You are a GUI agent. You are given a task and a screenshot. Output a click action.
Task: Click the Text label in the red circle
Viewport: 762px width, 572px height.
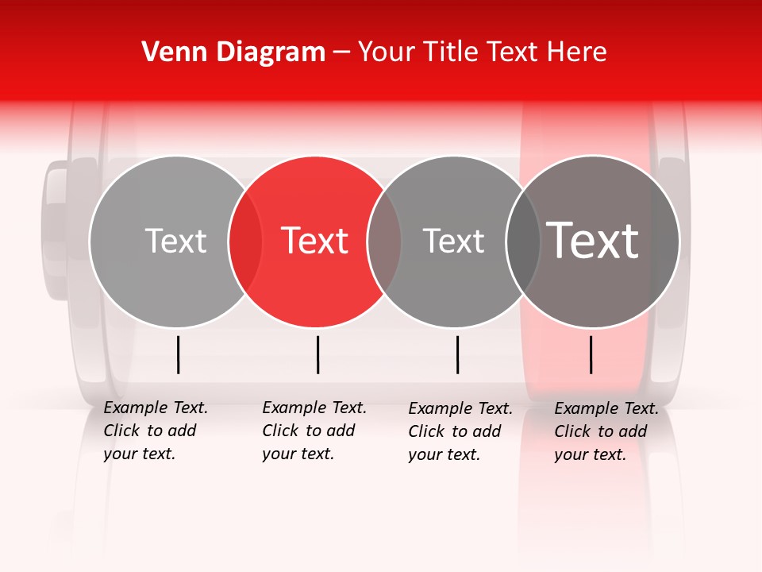[x=315, y=241]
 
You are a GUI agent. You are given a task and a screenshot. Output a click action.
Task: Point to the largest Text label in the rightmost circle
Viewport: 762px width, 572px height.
[x=593, y=241]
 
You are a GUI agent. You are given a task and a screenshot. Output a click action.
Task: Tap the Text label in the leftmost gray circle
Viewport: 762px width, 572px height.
[x=175, y=241]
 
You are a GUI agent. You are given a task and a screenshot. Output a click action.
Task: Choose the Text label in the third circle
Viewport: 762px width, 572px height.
[x=453, y=241]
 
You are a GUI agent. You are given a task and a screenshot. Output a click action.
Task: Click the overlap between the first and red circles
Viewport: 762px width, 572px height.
[x=245, y=241]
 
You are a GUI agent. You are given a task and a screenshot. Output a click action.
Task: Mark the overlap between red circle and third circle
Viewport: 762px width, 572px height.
[x=384, y=241]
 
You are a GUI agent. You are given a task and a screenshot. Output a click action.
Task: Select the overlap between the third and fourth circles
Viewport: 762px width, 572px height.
[x=523, y=241]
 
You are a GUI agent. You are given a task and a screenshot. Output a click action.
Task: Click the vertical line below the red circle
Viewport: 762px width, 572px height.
[x=317, y=354]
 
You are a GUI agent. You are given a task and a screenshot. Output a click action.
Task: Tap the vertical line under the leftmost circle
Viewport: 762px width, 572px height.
[x=179, y=354]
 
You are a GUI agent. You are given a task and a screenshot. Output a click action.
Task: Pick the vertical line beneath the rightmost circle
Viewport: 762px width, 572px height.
[x=591, y=354]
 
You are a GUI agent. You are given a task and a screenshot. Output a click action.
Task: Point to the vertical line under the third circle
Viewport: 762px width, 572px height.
[x=458, y=354]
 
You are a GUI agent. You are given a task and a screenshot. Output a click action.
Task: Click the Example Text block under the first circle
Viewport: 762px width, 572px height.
[x=155, y=431]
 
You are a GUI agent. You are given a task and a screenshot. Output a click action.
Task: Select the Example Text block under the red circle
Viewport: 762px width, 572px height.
[x=314, y=431]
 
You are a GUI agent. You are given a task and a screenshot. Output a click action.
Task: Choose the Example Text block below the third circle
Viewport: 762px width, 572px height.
[x=460, y=431]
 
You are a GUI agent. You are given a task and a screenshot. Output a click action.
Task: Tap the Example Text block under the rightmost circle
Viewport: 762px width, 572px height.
[x=606, y=431]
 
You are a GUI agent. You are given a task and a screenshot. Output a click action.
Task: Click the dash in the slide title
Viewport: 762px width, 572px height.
[x=341, y=52]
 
